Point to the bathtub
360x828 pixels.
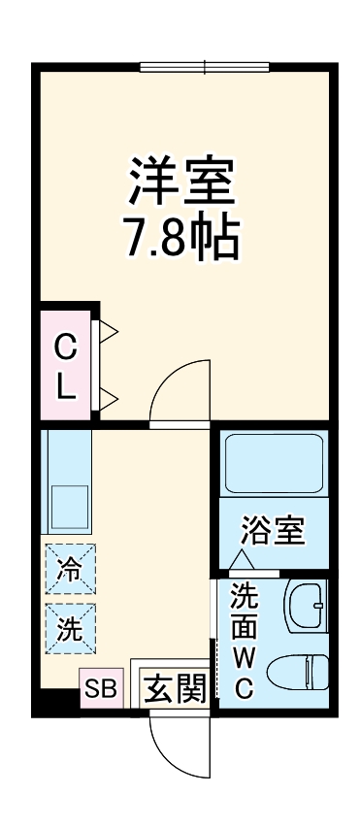(273, 465)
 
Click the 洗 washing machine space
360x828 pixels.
(70, 627)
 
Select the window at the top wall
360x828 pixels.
(204, 66)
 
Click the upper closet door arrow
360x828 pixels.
(109, 333)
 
